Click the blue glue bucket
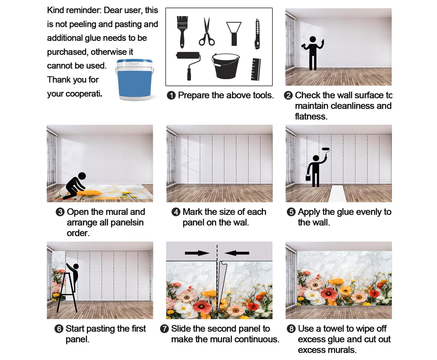pyautogui.click(x=134, y=80)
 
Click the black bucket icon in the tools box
pyautogui.click(x=225, y=66)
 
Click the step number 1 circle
pyautogui.click(x=171, y=95)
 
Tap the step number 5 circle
pyautogui.click(x=291, y=212)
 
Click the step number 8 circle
pyautogui.click(x=291, y=329)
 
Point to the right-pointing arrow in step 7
pyautogui.click(x=197, y=253)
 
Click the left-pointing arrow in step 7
pyautogui.click(x=237, y=253)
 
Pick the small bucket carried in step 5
pyautogui.click(x=308, y=177)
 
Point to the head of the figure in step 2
pyautogui.click(x=313, y=39)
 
